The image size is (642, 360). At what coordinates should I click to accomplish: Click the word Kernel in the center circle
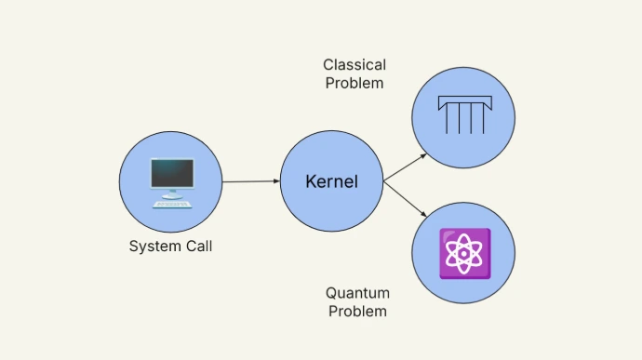331,181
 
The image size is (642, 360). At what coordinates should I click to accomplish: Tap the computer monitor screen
172,172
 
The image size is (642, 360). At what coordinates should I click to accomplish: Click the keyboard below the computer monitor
172,203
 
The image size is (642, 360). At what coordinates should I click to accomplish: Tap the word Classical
354,65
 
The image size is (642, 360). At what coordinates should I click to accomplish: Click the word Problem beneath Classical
354,83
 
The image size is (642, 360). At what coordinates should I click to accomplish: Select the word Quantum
356,293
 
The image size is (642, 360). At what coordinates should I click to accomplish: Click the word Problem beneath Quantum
356,311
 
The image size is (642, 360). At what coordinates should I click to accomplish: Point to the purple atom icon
463,253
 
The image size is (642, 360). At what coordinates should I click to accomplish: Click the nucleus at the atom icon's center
463,253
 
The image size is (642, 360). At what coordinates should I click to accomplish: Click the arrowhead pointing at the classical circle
423,155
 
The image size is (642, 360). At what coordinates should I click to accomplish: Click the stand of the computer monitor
172,193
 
